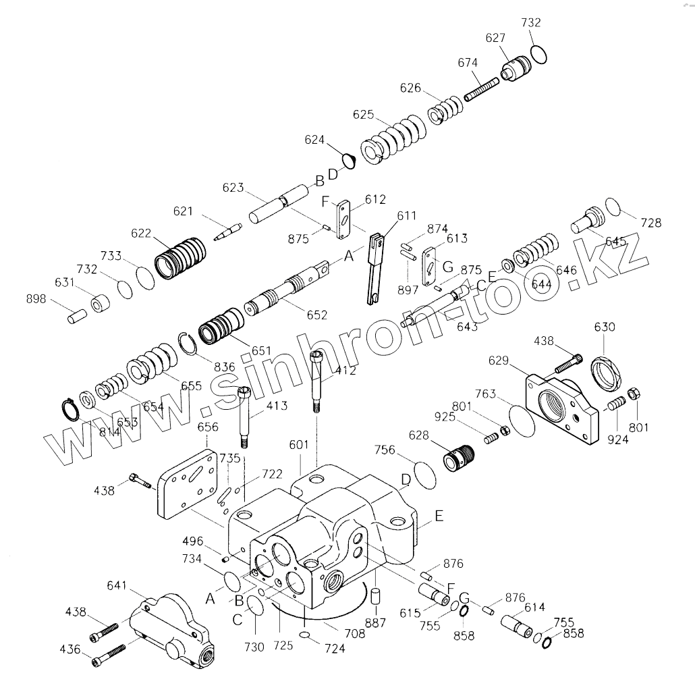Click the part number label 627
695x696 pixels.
click(x=495, y=39)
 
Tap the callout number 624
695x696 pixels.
click(x=314, y=140)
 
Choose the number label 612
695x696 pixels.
click(x=375, y=199)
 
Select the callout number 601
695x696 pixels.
click(x=298, y=445)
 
